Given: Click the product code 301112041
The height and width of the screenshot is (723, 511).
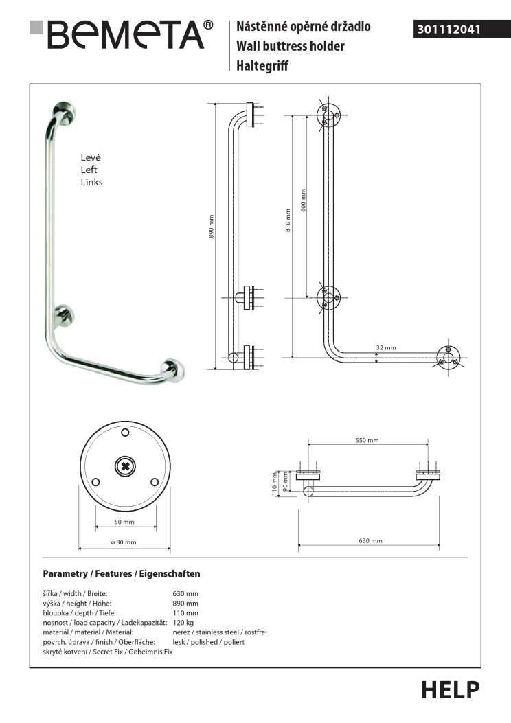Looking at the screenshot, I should [x=448, y=30].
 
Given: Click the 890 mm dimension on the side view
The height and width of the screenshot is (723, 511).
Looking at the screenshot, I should [x=212, y=227].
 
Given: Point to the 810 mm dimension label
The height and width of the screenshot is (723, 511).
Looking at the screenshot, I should [x=289, y=220].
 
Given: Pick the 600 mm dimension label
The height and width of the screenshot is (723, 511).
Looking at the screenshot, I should [x=304, y=199].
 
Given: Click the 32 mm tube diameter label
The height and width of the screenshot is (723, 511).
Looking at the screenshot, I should [x=386, y=347].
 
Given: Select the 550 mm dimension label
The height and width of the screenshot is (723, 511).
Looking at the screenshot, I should [x=367, y=440].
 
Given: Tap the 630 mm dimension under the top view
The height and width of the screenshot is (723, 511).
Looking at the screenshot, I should [x=370, y=541].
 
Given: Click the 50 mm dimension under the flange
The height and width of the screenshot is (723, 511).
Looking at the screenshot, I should [x=125, y=522].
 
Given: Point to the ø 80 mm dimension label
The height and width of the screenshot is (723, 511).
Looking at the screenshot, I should [x=124, y=542].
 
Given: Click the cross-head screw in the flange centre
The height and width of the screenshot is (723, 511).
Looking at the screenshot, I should [x=126, y=467].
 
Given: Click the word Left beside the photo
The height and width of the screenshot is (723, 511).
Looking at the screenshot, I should [x=89, y=170].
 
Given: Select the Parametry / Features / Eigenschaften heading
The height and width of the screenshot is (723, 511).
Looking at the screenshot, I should [x=122, y=573].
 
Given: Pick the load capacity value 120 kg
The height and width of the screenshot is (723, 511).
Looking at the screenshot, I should [x=183, y=622].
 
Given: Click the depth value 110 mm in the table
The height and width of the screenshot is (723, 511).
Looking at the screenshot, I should [x=185, y=612].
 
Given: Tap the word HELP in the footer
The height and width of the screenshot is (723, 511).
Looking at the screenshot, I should [x=450, y=689].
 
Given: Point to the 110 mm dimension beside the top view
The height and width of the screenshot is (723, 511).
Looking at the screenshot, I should [x=274, y=483].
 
